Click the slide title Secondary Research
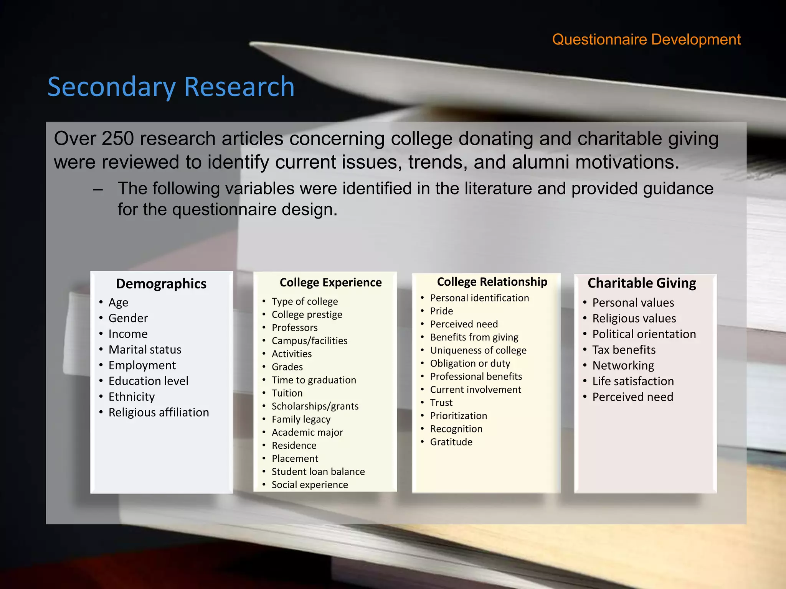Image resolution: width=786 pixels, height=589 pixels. pos(171,87)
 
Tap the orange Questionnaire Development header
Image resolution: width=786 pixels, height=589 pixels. pos(646,39)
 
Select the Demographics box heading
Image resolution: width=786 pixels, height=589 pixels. pos(161,284)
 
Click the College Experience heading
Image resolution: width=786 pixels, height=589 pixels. pos(330,283)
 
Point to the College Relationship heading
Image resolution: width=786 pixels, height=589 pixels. pos(492,282)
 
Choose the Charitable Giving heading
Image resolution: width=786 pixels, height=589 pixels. pos(642,283)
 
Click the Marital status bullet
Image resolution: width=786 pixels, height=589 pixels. pos(145,350)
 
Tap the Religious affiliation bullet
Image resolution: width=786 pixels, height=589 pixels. pos(159,413)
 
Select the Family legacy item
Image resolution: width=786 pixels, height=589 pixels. pos(301,420)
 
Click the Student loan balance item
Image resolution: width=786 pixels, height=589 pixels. pos(318,472)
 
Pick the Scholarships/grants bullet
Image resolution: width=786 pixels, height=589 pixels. pos(315,406)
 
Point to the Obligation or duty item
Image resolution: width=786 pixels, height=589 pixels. pos(470,364)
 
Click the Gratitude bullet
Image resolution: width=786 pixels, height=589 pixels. pos(451,442)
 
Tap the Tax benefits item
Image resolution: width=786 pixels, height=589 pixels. pos(624,350)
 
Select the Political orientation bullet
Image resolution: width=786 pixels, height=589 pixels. pos(644,334)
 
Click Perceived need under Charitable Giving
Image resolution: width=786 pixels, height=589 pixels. pos(632,397)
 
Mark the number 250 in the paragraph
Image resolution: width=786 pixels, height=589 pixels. pos(117,139)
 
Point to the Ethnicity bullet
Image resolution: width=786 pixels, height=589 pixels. pos(131,397)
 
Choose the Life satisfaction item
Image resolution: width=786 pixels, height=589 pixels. pos(633,382)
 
